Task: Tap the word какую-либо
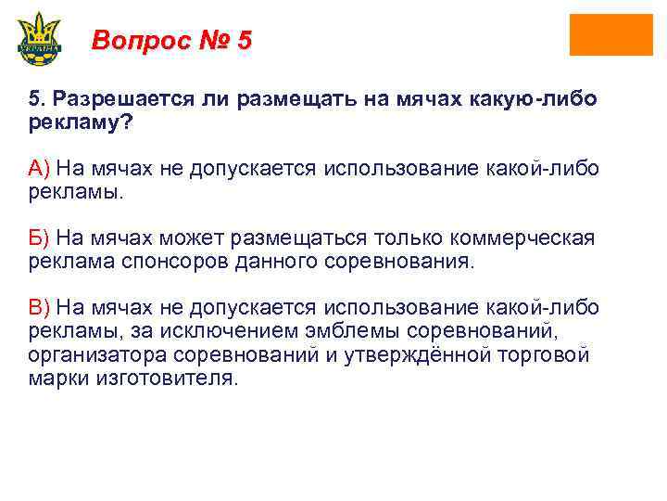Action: [540, 99]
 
